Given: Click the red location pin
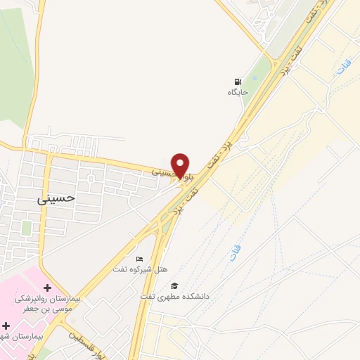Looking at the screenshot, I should click(x=181, y=165).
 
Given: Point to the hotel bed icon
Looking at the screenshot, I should click(x=139, y=259).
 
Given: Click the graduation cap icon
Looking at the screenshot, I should click(x=174, y=285).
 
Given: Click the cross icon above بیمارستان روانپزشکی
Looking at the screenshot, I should click(x=47, y=288).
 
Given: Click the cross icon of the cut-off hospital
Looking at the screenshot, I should click(x=6, y=326).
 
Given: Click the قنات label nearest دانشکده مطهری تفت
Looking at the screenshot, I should click(x=233, y=252).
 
